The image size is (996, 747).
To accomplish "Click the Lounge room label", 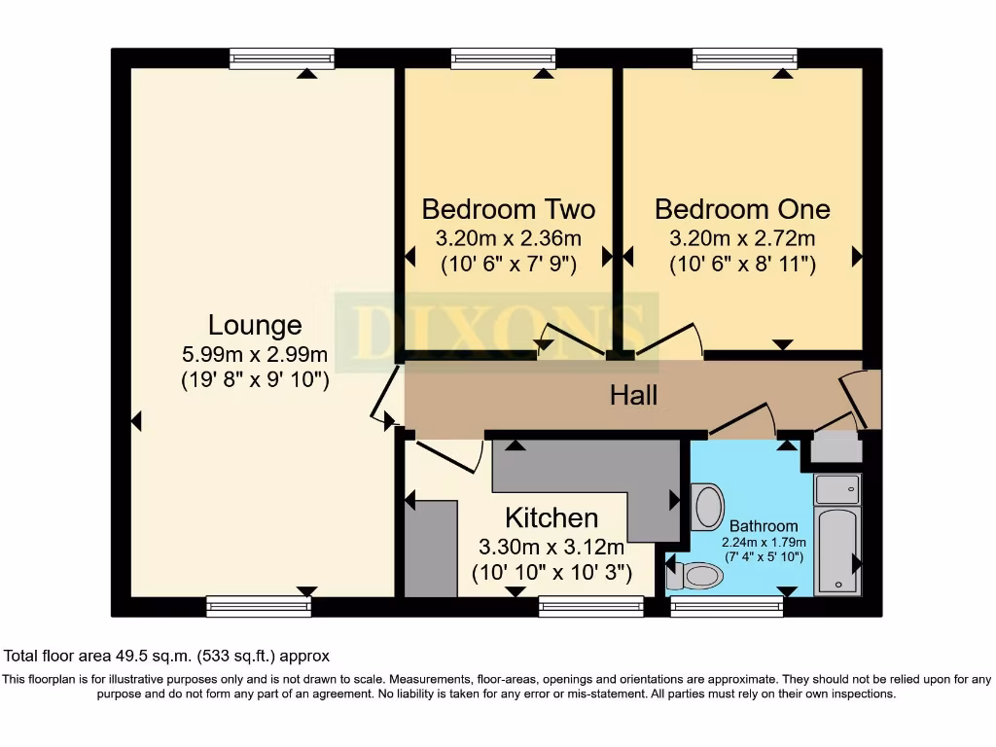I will [255, 325].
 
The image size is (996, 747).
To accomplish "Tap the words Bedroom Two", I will [508, 209].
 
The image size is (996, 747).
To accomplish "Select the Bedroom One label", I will [742, 209].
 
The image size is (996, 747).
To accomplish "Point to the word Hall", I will [633, 395].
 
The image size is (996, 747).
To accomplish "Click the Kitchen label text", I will [551, 517].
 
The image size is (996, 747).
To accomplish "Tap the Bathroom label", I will [764, 526].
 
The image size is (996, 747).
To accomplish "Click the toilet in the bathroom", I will [697, 576].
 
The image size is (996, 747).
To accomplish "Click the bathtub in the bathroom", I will [836, 550].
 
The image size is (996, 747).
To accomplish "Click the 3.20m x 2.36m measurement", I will [508, 237].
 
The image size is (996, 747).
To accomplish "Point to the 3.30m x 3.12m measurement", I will [551, 547].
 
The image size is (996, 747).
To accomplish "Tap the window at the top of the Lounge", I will [282, 59].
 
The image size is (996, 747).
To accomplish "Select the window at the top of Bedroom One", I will [744, 59].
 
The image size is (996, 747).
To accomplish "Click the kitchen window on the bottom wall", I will [590, 607].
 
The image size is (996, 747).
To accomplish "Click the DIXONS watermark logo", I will [496, 331].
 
